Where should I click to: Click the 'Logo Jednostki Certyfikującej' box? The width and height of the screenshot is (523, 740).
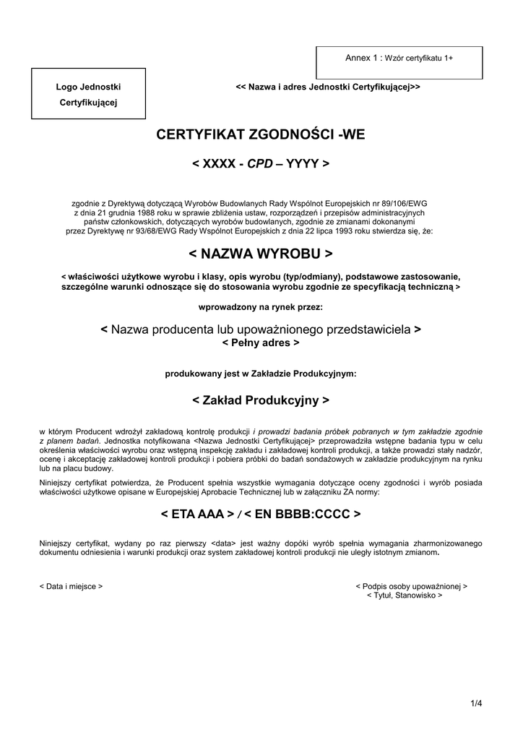pos(88,94)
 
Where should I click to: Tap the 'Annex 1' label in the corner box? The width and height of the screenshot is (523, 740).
pos(362,57)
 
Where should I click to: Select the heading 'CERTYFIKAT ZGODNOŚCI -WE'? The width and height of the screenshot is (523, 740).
pos(261,134)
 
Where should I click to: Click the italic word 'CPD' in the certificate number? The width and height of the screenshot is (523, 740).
pos(260,164)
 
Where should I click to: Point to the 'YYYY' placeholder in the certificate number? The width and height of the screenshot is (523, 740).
pos(302,164)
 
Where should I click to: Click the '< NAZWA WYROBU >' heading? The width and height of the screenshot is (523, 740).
pos(261,254)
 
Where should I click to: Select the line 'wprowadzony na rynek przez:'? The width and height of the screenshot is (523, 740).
pos(261,307)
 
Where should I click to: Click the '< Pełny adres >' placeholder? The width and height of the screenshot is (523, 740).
pos(261,343)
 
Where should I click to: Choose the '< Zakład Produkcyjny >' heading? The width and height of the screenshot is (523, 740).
pos(261,400)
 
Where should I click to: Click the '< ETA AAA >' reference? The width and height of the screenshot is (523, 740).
pos(197,515)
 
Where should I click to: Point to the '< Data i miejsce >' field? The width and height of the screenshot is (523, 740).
pos(71,586)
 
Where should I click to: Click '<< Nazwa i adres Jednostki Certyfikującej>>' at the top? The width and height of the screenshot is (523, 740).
pos(328,87)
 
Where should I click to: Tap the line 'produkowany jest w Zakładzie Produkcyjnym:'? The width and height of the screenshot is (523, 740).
pos(261,374)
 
